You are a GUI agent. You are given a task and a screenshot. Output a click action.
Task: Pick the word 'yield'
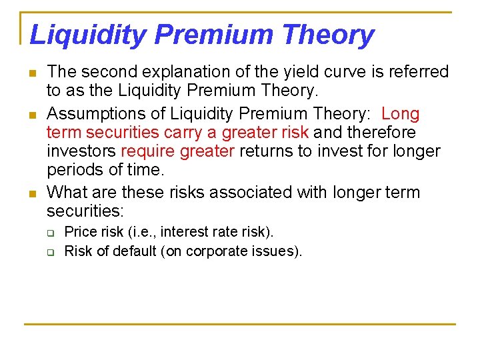click(309, 71)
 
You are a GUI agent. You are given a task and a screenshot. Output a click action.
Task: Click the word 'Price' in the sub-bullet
click(80, 232)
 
